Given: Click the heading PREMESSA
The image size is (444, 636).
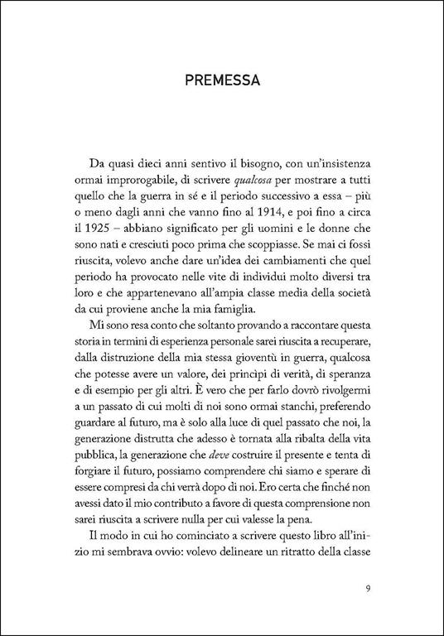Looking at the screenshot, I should click(222, 82).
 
